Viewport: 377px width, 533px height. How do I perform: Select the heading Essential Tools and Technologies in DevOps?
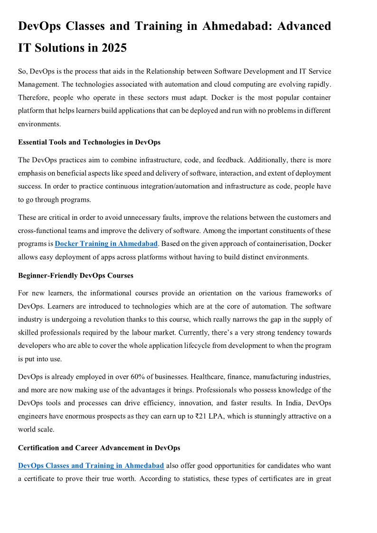pos(89,142)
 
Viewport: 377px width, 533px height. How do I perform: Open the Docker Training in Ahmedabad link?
pos(106,244)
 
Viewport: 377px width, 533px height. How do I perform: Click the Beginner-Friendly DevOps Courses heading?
pos(75,275)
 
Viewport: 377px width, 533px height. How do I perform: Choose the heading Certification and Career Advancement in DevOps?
pos(99,448)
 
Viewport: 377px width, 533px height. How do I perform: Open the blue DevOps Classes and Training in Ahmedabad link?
pos(91,466)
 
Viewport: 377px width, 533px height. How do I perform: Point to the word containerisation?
pos(273,244)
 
